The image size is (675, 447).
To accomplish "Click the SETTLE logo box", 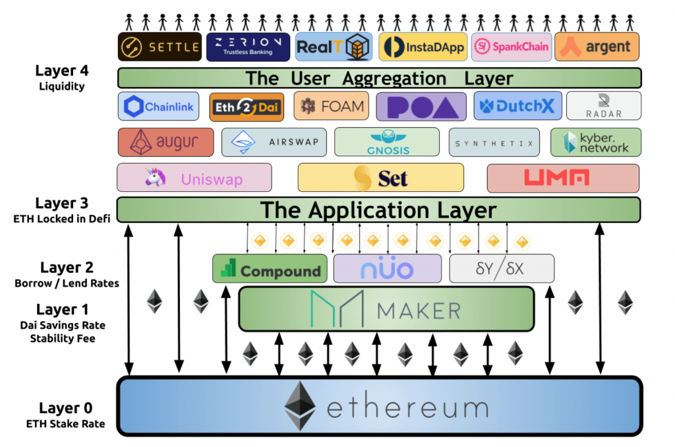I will (160, 47).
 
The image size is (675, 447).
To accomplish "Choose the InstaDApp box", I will (422, 47).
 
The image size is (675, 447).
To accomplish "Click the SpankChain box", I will (511, 47).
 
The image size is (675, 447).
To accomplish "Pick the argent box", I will (597, 47).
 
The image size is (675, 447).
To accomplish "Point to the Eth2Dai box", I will (247, 107).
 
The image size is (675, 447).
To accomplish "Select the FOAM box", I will (331, 107).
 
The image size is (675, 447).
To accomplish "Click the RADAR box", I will (603, 105).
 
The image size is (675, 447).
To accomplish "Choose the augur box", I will (165, 142).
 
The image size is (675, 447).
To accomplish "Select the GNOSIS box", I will (386, 142).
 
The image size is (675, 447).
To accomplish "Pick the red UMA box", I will (562, 178).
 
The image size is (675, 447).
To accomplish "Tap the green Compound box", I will (270, 269).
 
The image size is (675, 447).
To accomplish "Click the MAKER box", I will (386, 309).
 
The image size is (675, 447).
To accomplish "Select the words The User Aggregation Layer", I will (379, 78).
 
